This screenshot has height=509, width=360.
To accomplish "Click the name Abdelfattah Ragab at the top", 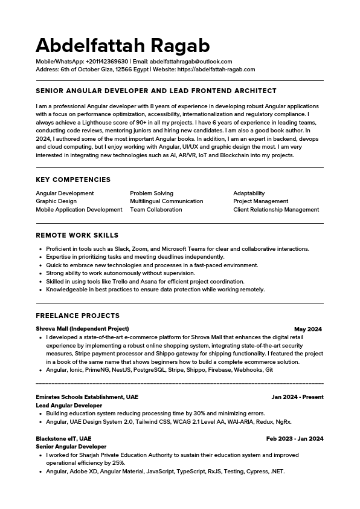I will point(123,45).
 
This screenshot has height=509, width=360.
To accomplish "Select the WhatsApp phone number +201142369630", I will point(107,62).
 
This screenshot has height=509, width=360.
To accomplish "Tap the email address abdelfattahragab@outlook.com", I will point(190,62).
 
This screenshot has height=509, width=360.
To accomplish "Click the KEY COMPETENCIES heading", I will point(73,180).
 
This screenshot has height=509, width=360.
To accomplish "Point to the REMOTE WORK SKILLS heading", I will point(77,235).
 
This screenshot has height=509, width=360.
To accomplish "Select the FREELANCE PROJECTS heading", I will point(77,316).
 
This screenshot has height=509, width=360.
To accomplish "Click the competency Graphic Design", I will point(56,201).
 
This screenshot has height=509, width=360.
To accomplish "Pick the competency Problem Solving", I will point(152,193).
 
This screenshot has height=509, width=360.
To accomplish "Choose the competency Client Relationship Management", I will point(276,210).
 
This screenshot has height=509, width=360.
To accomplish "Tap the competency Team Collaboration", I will point(156,210).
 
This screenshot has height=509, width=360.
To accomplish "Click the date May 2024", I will point(308,329).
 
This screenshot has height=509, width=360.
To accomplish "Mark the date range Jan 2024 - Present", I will point(297,397).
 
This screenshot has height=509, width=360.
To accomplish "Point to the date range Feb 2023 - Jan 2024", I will point(295,439).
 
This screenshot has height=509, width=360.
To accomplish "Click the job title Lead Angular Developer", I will point(69,406).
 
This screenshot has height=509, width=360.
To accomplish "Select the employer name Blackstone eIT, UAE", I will point(63,439).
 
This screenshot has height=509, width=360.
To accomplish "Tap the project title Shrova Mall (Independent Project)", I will point(82,329).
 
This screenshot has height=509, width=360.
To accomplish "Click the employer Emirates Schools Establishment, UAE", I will point(87,397).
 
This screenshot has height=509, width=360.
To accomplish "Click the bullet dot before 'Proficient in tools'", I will point(40,249).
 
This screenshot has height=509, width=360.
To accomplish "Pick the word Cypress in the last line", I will point(257,472).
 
